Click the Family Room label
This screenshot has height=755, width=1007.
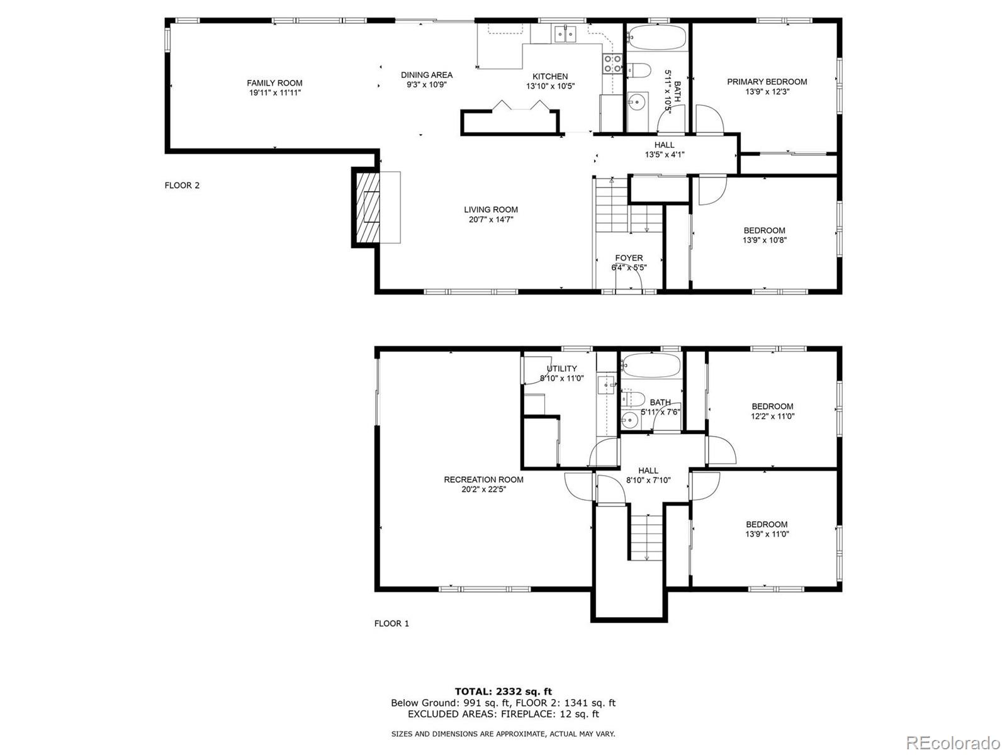point(274,83)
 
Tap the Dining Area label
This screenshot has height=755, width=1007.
point(427,75)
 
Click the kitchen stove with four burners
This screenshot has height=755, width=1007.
point(612,64)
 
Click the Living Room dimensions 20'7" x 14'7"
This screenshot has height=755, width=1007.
point(491,220)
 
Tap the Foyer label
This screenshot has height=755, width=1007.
point(629,258)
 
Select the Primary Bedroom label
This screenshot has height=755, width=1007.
point(767,82)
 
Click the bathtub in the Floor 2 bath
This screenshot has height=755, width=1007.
point(656,37)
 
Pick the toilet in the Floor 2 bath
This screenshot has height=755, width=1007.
point(639,70)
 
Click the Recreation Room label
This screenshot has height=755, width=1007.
point(483,479)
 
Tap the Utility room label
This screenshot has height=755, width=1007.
point(562,369)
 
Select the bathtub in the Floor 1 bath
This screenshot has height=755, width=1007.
point(651,365)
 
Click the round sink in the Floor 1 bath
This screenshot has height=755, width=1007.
point(629,420)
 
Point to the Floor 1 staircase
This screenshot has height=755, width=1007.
point(646,537)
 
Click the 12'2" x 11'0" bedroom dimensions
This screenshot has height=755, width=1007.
point(773,417)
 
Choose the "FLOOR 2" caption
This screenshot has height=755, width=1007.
point(182,185)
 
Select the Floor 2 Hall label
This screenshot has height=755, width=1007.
point(664,145)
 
